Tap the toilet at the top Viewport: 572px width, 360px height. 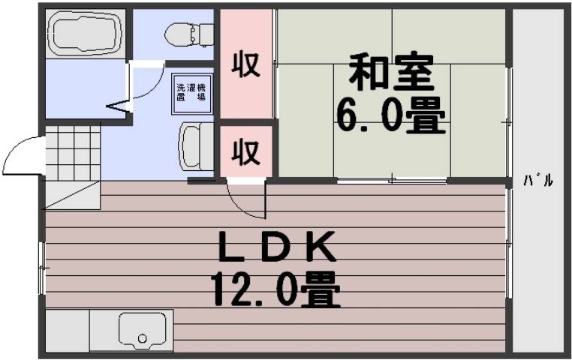click(183, 33)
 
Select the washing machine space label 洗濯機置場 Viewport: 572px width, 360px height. click(191, 92)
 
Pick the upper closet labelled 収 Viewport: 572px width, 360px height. click(245, 64)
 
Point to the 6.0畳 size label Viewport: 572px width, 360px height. click(390, 115)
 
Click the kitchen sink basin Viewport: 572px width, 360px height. click(142, 330)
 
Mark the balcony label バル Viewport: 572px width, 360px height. click(538, 180)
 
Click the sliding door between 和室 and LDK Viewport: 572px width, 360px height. click(391, 180)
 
